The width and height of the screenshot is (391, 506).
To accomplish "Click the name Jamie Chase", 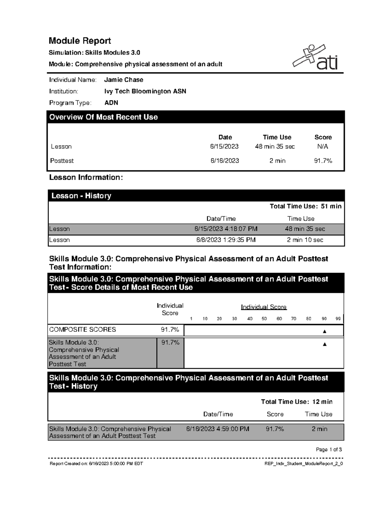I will (x=123, y=80).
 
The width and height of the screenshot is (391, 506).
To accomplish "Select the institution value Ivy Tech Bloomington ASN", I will (x=145, y=91).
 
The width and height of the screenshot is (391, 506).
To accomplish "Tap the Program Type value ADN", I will (x=111, y=103).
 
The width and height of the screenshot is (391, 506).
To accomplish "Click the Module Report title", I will (x=80, y=41).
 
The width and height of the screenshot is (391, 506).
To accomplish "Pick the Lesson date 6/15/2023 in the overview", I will (x=224, y=147).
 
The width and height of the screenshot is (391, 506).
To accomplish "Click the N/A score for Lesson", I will (x=323, y=147).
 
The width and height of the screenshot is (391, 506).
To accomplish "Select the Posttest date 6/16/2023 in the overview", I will (x=224, y=161).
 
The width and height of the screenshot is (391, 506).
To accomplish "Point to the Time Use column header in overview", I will (x=277, y=137).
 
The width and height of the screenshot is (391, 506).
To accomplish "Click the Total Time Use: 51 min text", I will (x=305, y=206).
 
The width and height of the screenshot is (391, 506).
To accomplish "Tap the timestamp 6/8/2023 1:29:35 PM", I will (x=226, y=240).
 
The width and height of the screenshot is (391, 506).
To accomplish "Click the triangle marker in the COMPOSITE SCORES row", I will (x=324, y=331).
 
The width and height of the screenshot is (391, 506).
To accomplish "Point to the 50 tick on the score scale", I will (x=264, y=319).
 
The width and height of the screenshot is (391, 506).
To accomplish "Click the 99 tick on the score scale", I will (x=338, y=319).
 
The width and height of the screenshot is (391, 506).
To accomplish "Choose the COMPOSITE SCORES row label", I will (x=82, y=330).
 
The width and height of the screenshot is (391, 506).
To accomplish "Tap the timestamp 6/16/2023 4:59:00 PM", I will (x=218, y=429).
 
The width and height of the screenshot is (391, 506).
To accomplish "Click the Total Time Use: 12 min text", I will (x=297, y=402).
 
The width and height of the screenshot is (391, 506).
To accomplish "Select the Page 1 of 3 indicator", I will (x=329, y=450).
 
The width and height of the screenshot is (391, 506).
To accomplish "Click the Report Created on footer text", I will (x=96, y=464).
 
